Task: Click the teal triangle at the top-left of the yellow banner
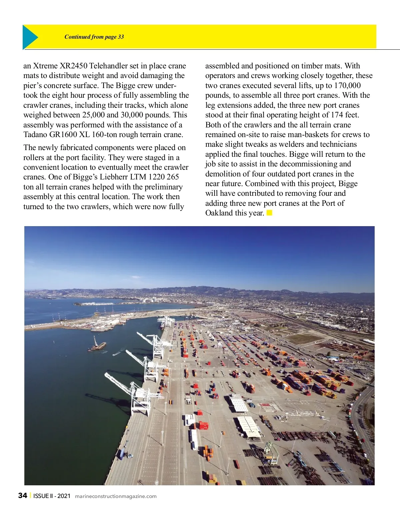[29, 37]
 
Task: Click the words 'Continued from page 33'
[94, 37]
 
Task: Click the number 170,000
[347, 85]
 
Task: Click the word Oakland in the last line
[219, 213]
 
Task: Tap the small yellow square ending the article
[269, 212]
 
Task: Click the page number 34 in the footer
[23, 496]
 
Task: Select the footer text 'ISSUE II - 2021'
[52, 496]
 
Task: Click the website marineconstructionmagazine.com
[116, 496]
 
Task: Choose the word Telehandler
[109, 66]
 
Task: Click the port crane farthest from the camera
[166, 322]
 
